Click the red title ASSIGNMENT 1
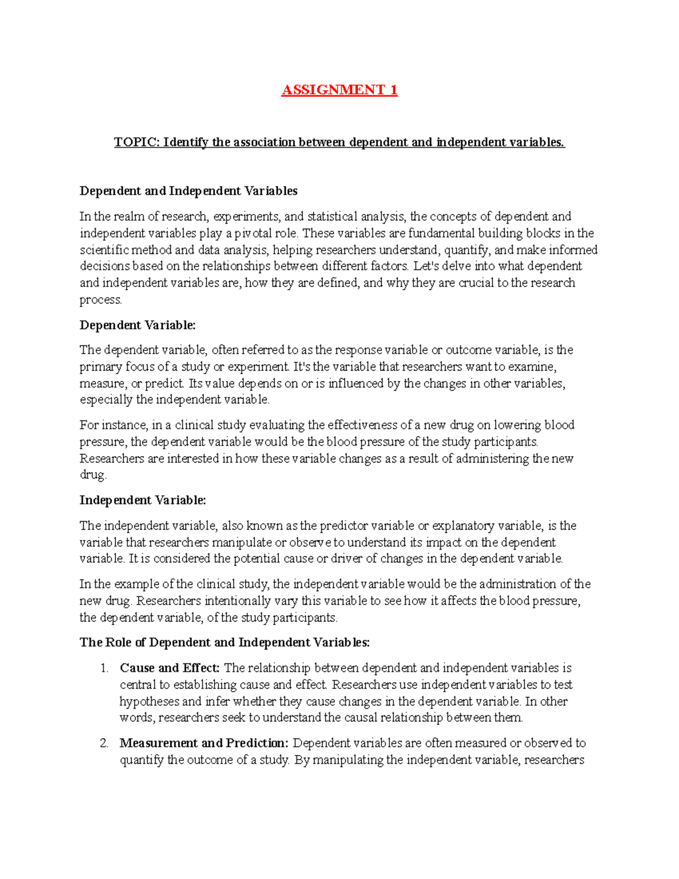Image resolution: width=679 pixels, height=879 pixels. pos(339,90)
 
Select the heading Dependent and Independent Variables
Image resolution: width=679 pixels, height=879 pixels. pos(188,191)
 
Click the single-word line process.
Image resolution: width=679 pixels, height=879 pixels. pos(101,300)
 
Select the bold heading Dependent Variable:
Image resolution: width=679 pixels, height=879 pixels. pos(137,325)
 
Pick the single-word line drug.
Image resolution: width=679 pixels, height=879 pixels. pos(93,475)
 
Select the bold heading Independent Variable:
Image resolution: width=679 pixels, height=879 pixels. pos(143,500)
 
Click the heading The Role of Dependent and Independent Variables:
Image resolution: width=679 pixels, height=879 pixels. pos(225,642)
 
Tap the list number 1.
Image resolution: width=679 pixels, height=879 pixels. pos(104,668)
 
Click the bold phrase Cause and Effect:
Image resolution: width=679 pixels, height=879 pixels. pos(170,668)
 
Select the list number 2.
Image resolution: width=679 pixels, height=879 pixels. pos(104,743)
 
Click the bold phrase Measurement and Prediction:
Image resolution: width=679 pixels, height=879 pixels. pos(204,743)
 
